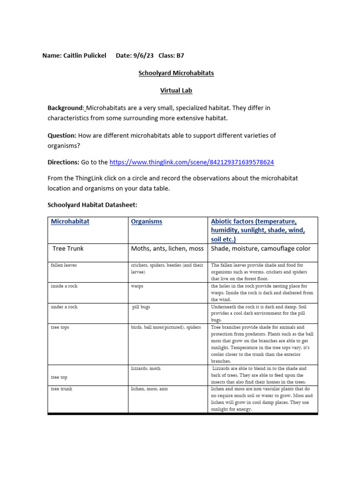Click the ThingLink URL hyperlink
[x=191, y=162]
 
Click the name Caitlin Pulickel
[x=85, y=55]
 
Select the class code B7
[x=180, y=55]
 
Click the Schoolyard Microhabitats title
[x=176, y=74]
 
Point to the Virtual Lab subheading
[x=176, y=90]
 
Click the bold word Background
[x=66, y=108]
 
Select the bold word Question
[x=62, y=135]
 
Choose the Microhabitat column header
[x=70, y=221]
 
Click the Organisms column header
[x=147, y=221]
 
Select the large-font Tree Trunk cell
[x=68, y=248]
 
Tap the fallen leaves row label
[x=64, y=265]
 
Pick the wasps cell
[x=137, y=286]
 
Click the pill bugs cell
[x=141, y=307]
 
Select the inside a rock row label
[x=64, y=286]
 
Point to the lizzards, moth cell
[x=146, y=368]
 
